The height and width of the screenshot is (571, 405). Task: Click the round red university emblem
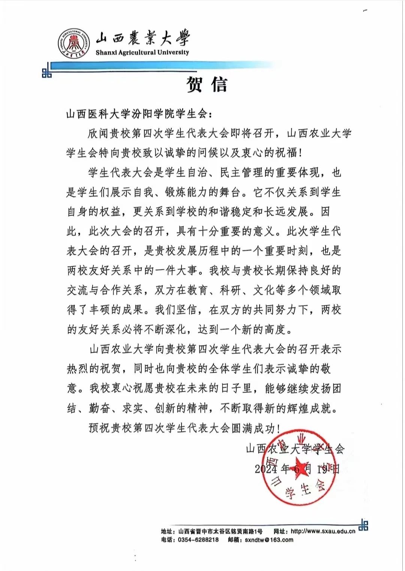(x=74, y=44)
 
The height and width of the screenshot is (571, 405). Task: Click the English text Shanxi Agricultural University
(x=142, y=53)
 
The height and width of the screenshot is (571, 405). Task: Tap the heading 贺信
(x=207, y=84)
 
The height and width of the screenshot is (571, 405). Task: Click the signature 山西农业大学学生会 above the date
(x=295, y=449)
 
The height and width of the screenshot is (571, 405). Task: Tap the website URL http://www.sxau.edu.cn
(x=323, y=531)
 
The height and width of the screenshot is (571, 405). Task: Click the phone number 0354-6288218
(x=198, y=540)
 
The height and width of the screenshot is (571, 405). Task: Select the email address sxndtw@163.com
(x=269, y=540)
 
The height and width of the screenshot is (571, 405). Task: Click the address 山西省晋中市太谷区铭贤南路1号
(x=220, y=531)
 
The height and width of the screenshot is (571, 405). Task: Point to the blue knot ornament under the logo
(x=47, y=73)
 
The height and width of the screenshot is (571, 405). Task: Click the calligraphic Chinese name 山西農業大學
(x=142, y=38)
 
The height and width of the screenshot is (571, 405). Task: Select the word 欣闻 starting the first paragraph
(x=98, y=133)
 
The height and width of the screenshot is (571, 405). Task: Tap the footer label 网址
(x=281, y=531)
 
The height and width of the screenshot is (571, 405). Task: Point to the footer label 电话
(x=168, y=540)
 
